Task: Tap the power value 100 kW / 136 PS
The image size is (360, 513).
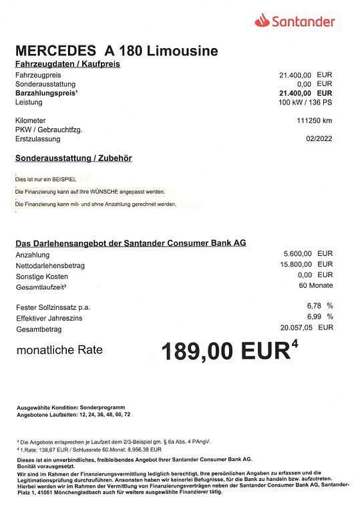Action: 305,103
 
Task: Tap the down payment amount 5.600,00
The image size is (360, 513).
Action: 298,254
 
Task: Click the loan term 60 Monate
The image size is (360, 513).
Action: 316,286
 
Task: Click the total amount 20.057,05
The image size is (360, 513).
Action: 297,327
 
